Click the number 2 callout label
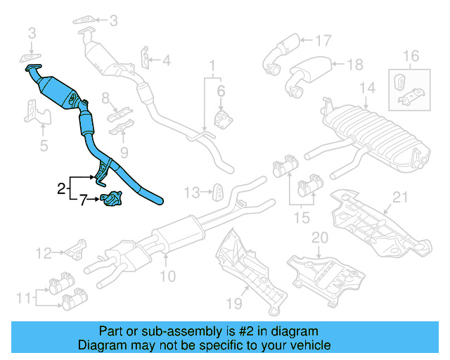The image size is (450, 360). pos(61,188)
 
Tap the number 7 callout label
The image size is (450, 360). pos(83,201)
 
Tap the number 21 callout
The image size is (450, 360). pos(401,198)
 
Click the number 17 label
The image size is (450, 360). pos(323,40)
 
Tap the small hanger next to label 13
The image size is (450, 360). pos(219,191)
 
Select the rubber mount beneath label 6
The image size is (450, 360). pos(221,116)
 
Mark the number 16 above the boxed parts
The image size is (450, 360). pos(411,56)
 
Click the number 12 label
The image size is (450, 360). pos(44,252)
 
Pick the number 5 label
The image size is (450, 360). pos(44,147)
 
